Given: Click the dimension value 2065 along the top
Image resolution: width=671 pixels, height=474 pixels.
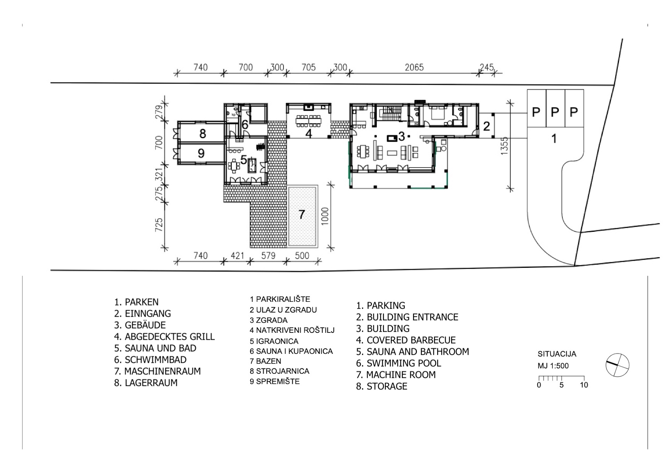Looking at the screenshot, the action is [414, 67].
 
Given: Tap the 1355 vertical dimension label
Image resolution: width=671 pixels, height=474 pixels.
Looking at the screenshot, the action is [504, 146].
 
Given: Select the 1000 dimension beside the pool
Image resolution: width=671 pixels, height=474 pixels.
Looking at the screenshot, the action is [325, 216].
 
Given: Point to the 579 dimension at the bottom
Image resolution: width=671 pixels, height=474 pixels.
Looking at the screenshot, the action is [268, 256].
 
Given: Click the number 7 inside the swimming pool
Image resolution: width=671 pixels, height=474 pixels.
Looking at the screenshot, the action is [302, 214].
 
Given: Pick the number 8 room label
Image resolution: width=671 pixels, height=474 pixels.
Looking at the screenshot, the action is [202, 134].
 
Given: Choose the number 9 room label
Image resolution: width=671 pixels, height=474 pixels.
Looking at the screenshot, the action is [201, 153].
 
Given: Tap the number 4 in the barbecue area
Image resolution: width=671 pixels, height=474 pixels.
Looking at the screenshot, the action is [309, 133].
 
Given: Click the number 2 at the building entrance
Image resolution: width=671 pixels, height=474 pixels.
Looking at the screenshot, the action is [486, 126].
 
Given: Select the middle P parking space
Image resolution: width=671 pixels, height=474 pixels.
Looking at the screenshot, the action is [555, 112].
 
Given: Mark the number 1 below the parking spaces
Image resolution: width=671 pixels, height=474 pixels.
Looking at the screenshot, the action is [554, 138].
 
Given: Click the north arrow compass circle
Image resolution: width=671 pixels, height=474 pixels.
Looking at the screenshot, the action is [617, 365].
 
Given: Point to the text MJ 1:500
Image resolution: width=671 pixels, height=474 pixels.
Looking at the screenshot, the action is [553, 366].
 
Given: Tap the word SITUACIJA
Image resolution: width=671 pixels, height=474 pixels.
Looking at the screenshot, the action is [557, 354].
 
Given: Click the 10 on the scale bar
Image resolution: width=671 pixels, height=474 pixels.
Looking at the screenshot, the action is [584, 385].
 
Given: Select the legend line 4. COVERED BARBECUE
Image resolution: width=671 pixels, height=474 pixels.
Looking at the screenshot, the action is [406, 340].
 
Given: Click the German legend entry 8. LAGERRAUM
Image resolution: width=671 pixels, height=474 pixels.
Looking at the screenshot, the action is [146, 383].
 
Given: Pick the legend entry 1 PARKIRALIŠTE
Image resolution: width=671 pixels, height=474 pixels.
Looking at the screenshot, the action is [280, 299].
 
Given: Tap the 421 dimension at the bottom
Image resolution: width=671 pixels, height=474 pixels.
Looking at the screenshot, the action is [237, 256].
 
